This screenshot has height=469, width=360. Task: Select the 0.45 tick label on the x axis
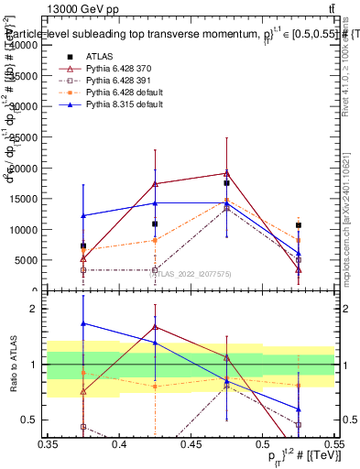pyautogui.click(x=191, y=443)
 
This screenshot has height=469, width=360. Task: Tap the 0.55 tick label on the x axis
pyautogui.click(x=333, y=443)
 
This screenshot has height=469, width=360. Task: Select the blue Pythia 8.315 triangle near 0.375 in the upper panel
pyautogui.click(x=83, y=215)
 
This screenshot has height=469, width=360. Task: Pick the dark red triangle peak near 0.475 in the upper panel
pyautogui.click(x=226, y=172)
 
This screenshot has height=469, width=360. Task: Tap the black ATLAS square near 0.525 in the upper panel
pyautogui.click(x=298, y=224)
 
